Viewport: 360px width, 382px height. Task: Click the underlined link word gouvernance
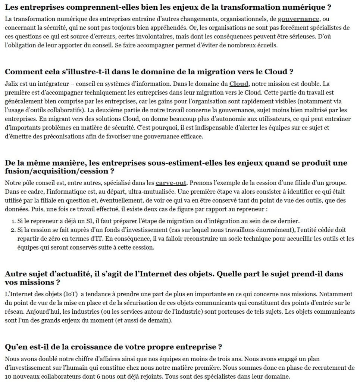point(298,19)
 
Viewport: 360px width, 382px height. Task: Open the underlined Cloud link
point(239,84)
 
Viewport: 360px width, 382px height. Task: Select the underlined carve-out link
point(170,183)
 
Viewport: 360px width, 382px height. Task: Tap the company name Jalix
point(12,84)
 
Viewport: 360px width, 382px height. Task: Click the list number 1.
point(12,220)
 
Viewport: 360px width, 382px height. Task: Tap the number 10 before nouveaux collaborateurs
point(9,377)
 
